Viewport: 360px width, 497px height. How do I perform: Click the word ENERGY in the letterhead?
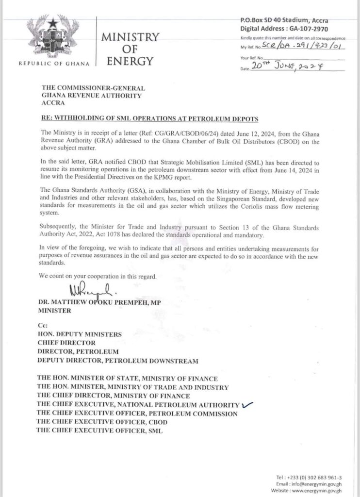(130, 61)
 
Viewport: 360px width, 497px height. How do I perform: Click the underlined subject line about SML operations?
(148, 119)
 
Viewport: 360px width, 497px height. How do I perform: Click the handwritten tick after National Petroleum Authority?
(248, 403)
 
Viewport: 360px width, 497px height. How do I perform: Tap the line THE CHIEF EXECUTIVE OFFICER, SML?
(99, 431)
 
